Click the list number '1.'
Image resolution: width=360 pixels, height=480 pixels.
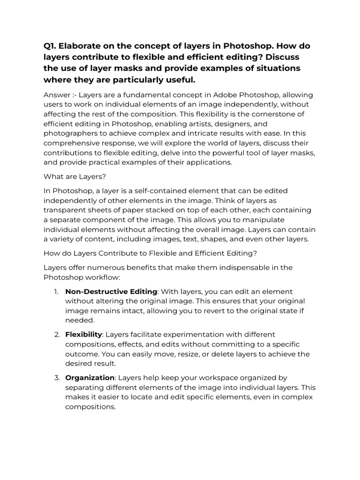coord(56,292)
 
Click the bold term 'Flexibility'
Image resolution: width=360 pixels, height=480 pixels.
coord(83,335)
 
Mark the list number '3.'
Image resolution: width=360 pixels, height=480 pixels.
coord(56,378)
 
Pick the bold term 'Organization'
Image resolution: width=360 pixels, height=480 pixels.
coord(90,378)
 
